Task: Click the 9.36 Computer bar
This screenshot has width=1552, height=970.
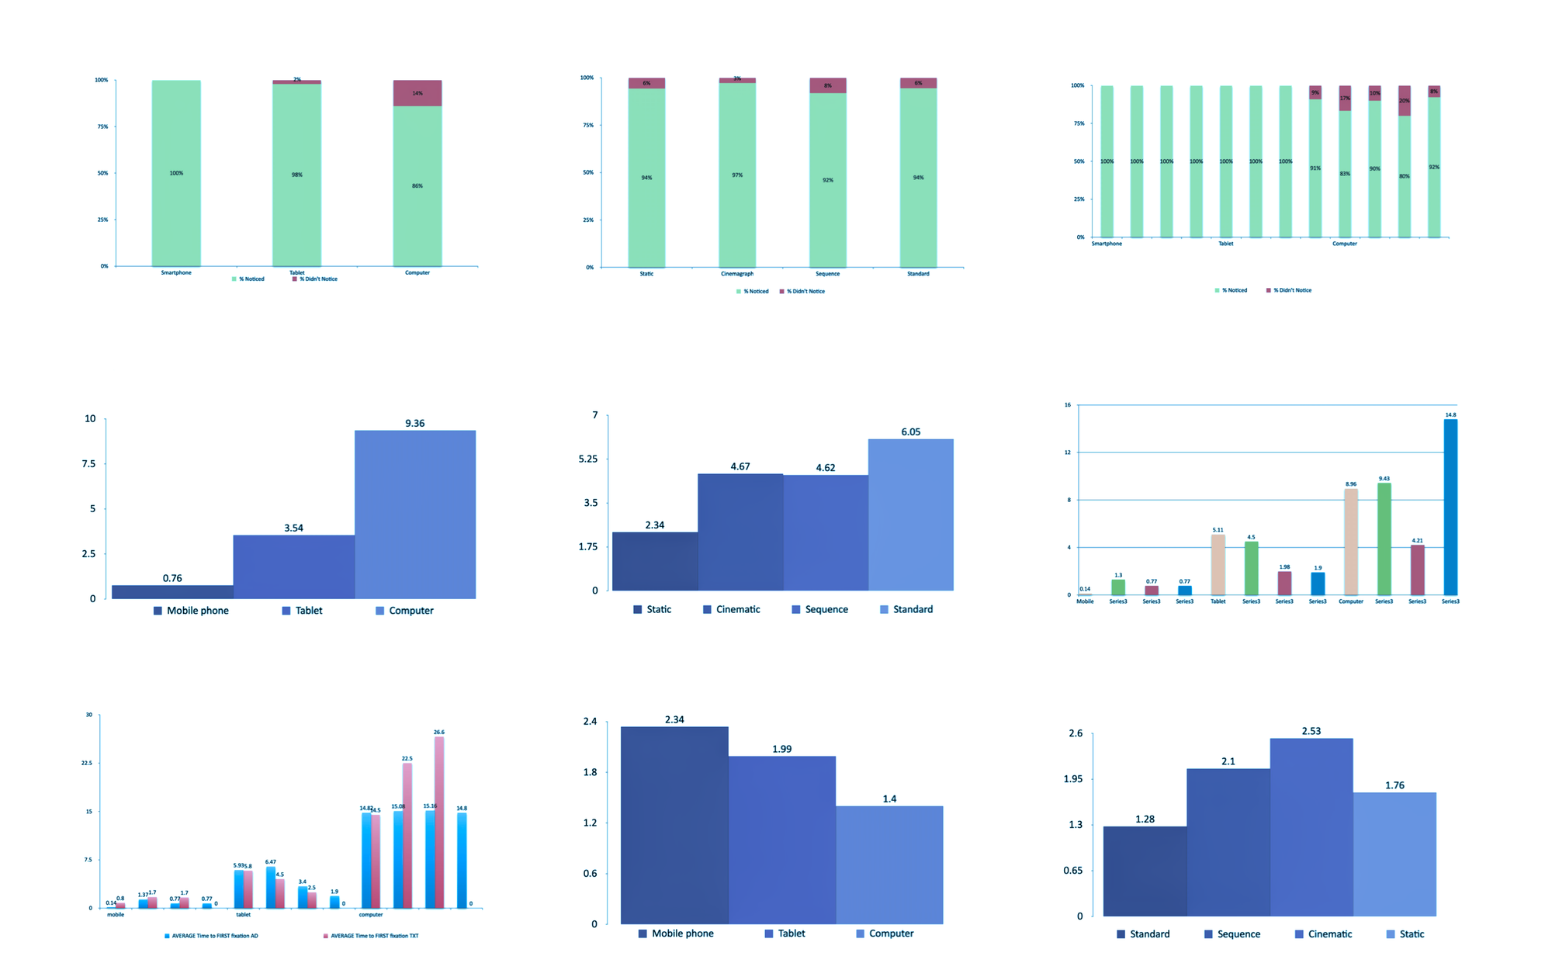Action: (415, 514)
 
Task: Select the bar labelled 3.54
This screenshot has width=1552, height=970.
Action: (293, 566)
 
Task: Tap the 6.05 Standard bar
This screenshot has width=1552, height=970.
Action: (910, 514)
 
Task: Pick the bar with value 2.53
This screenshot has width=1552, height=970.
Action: (1311, 826)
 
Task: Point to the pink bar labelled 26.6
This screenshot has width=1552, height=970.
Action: (439, 822)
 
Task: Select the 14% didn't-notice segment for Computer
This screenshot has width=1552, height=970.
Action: (417, 93)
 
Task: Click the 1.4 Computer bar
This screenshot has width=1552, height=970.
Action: (889, 864)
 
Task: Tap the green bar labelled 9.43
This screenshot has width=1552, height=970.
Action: (1384, 539)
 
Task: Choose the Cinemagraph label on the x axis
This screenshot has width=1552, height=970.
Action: (736, 274)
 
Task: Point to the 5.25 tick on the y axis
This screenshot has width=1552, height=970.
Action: (588, 459)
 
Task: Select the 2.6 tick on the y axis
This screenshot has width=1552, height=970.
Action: (1076, 733)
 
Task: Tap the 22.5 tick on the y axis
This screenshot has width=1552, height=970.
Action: (86, 764)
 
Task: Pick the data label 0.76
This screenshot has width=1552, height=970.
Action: (172, 578)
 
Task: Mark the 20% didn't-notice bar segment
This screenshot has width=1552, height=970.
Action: (1404, 101)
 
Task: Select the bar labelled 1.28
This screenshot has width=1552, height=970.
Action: (1145, 871)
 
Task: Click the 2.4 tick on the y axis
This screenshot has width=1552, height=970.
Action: (590, 722)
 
